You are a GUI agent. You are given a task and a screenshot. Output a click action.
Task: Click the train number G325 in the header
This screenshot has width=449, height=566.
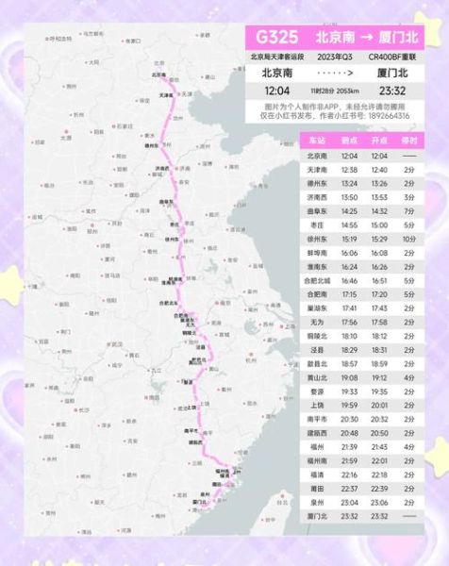point(274,39)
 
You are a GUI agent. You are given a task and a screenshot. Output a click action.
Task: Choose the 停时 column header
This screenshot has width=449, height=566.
point(408,140)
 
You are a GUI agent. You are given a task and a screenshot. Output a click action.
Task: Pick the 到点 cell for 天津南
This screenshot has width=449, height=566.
point(350,169)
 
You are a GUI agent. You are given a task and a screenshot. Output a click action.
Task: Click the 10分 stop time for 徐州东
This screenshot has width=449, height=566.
point(408,240)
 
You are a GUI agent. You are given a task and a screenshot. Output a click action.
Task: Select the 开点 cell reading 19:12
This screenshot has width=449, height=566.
point(379,377)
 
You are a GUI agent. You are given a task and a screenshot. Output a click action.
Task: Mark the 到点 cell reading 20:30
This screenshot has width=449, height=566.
point(350,419)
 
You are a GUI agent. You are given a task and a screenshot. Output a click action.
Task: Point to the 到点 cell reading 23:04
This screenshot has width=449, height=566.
point(350,503)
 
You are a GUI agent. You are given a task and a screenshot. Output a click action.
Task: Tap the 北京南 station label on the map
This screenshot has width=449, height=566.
point(158,75)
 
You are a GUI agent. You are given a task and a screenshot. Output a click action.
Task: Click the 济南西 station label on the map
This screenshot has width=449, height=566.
point(163,168)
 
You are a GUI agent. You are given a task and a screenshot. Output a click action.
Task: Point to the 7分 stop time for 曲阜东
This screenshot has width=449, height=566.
point(408,211)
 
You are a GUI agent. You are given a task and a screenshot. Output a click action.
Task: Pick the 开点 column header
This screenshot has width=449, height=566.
point(379,140)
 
